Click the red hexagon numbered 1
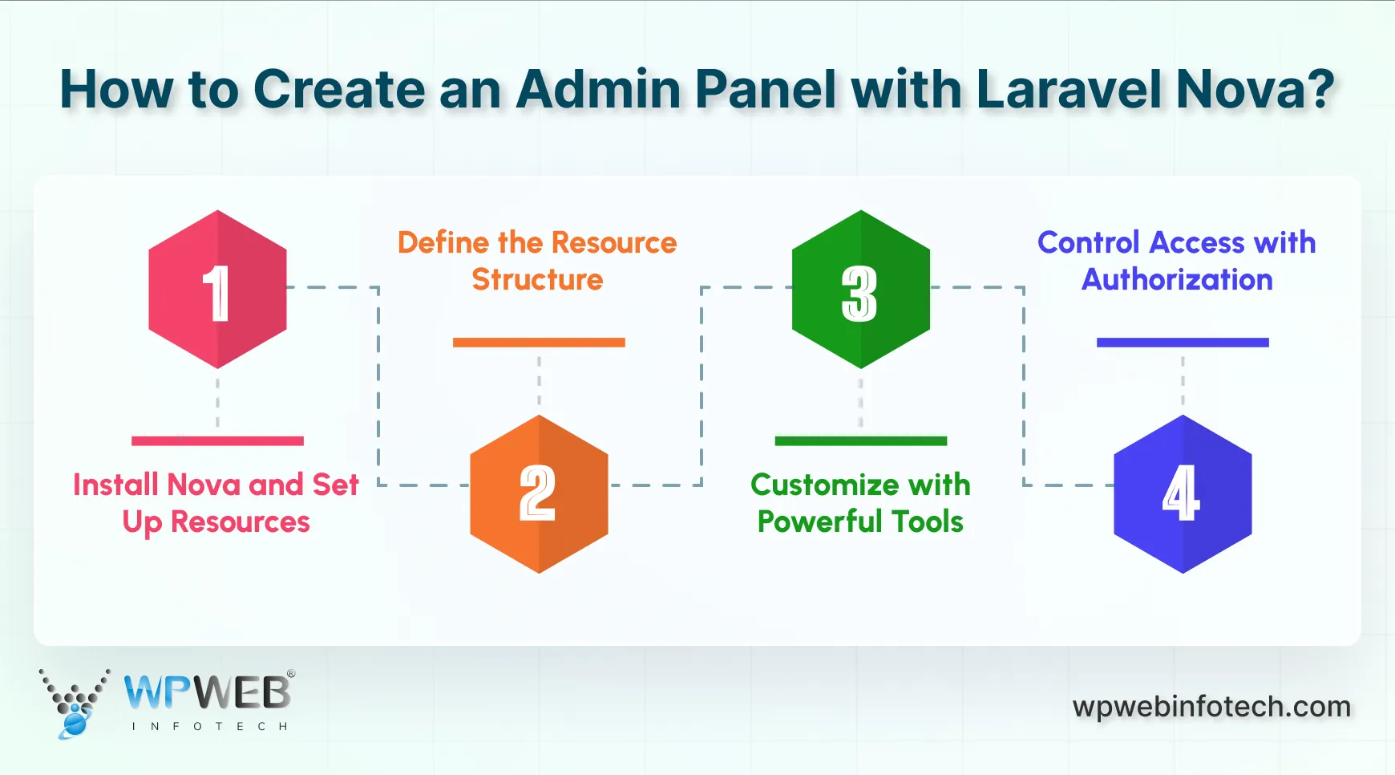click(217, 290)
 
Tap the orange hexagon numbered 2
click(539, 493)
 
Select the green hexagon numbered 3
click(860, 290)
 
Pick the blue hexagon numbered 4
click(1183, 493)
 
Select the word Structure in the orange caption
click(537, 280)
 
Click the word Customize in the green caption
click(824, 485)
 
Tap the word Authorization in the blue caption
click(1177, 280)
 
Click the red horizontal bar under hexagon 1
click(217, 440)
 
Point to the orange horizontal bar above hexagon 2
click(539, 343)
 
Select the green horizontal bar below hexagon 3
click(860, 440)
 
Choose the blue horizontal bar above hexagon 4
click(1183, 343)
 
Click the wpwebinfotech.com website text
click(1211, 707)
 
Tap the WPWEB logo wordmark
click(208, 692)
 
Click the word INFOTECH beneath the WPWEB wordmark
click(209, 727)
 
